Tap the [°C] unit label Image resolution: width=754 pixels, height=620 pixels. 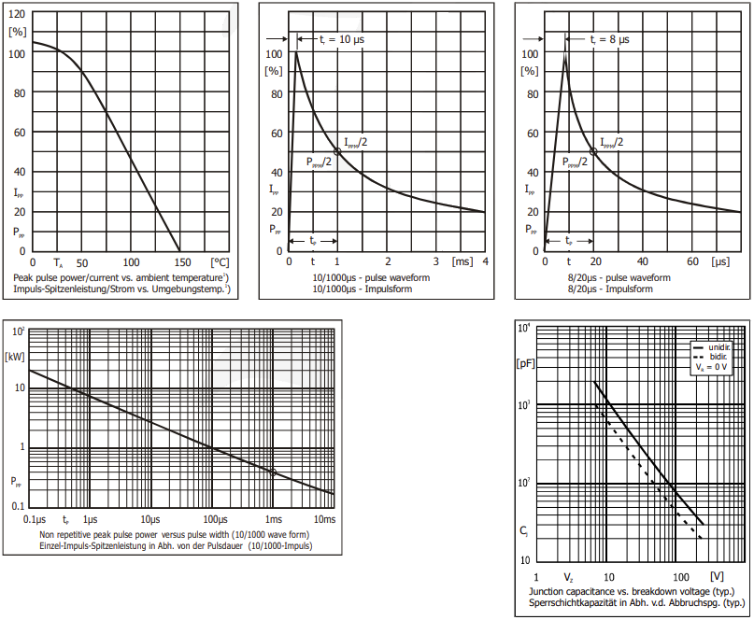coord(220,262)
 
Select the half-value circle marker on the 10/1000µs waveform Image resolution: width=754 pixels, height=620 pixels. coord(336,151)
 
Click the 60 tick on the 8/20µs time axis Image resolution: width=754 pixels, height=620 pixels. coord(690,262)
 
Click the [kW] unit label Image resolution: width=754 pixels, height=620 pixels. coord(14,356)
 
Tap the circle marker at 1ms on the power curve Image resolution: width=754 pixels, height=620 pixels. coord(273,472)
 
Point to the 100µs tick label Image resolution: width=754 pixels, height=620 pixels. coord(215,519)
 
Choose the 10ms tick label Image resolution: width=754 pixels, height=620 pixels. coord(323,519)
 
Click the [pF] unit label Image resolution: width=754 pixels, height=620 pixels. coord(526,363)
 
